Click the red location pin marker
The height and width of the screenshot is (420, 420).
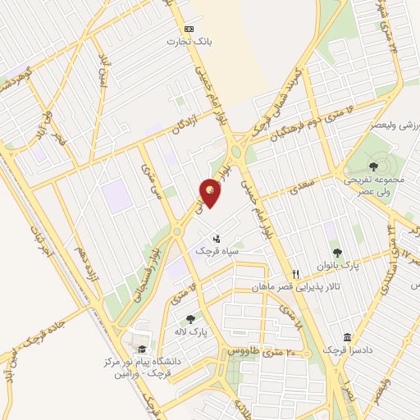(x=212, y=193)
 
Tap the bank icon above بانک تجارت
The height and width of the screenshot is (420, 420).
(x=189, y=28)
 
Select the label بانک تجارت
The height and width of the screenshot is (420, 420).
(x=185, y=41)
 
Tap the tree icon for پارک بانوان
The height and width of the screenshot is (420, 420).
(x=336, y=252)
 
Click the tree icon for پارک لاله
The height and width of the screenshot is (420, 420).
(x=190, y=319)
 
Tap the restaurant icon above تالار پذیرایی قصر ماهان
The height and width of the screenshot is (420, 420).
(x=296, y=273)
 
